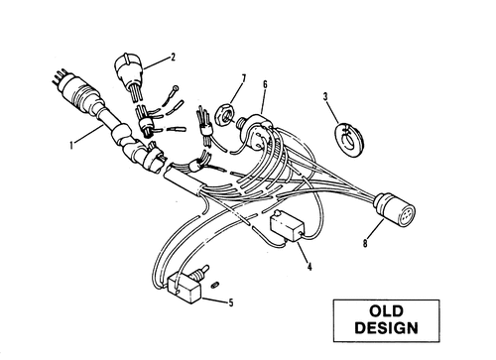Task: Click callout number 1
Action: pyautogui.click(x=71, y=145)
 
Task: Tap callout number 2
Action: pyautogui.click(x=173, y=58)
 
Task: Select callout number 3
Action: pyautogui.click(x=325, y=96)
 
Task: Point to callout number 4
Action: pyautogui.click(x=310, y=267)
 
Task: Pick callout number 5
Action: pyautogui.click(x=231, y=302)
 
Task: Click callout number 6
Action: pyautogui.click(x=265, y=84)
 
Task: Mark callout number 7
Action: pyautogui.click(x=244, y=78)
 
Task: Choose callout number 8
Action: pyautogui.click(x=365, y=243)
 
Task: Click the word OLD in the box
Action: pyautogui.click(x=386, y=311)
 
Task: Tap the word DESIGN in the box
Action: pyautogui.click(x=386, y=328)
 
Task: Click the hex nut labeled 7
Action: pyautogui.click(x=225, y=115)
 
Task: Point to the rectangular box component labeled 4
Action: pyautogui.click(x=287, y=226)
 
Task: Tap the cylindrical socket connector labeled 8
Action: pyautogui.click(x=395, y=210)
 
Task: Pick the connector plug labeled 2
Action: pyautogui.click(x=128, y=71)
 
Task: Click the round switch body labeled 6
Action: pyautogui.click(x=259, y=131)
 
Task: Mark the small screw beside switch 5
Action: pyautogui.click(x=216, y=285)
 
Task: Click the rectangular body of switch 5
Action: pyautogui.click(x=185, y=288)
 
